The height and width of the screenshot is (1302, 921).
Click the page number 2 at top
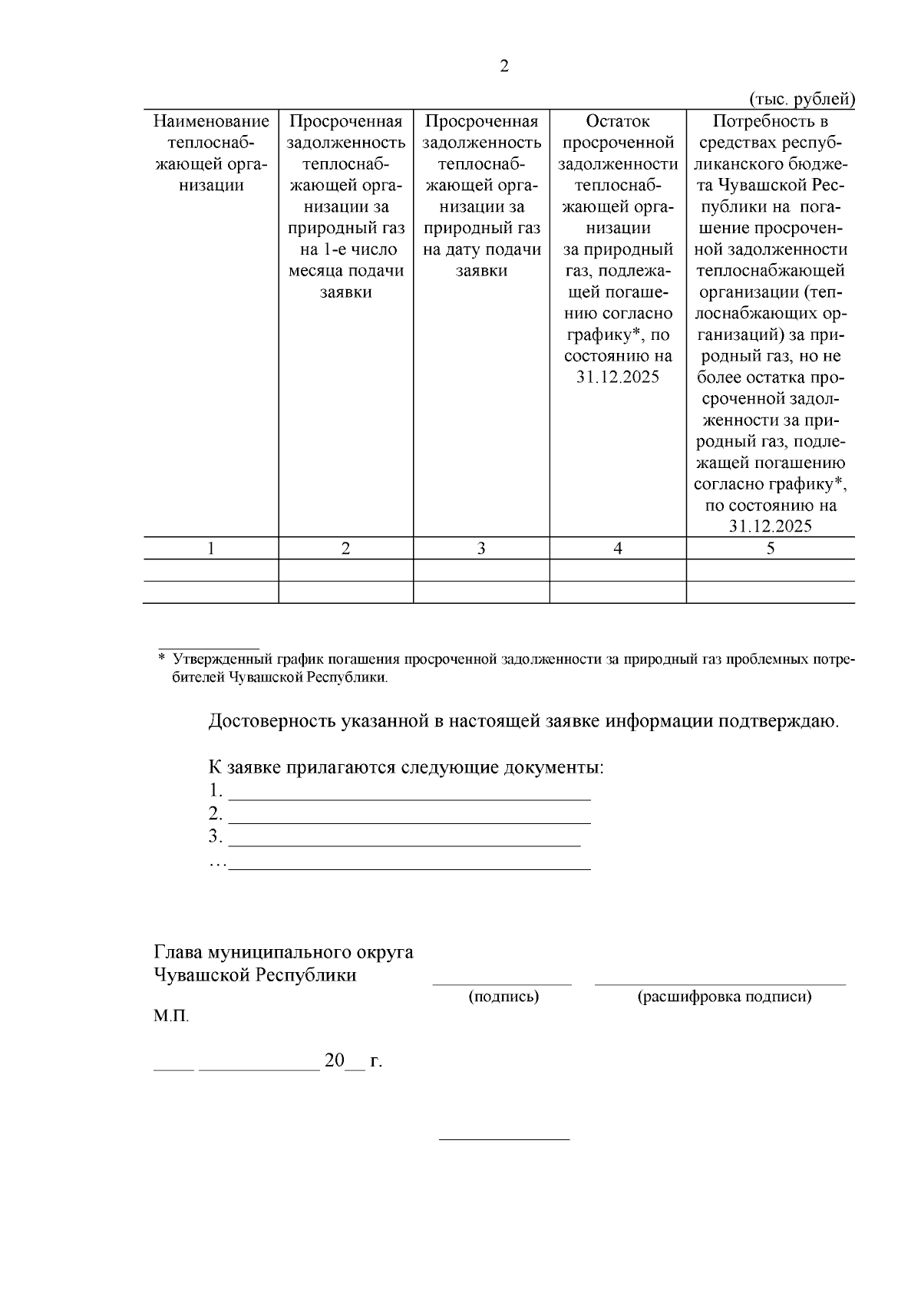[x=503, y=67]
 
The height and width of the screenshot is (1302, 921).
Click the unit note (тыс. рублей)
[x=801, y=100]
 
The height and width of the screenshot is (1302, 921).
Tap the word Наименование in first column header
[x=211, y=121]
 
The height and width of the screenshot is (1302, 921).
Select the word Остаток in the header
[x=618, y=121]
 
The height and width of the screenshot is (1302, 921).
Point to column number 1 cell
[x=211, y=548]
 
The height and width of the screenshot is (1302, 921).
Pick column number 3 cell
[x=481, y=548]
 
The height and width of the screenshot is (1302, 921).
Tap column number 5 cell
[x=771, y=548]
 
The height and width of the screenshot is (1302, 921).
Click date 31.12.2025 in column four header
[x=618, y=377]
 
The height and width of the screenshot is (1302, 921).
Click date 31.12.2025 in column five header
[x=771, y=526]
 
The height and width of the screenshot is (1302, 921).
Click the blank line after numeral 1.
[x=410, y=798]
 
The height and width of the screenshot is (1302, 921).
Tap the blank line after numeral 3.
[x=404, y=844]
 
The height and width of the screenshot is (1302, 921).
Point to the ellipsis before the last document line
[x=218, y=865]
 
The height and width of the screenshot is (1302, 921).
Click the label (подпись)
[x=503, y=997]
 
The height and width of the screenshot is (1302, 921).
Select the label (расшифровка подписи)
[x=724, y=997]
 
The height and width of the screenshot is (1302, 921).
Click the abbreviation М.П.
[x=171, y=1017]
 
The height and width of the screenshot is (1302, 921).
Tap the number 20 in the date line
[x=335, y=1061]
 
